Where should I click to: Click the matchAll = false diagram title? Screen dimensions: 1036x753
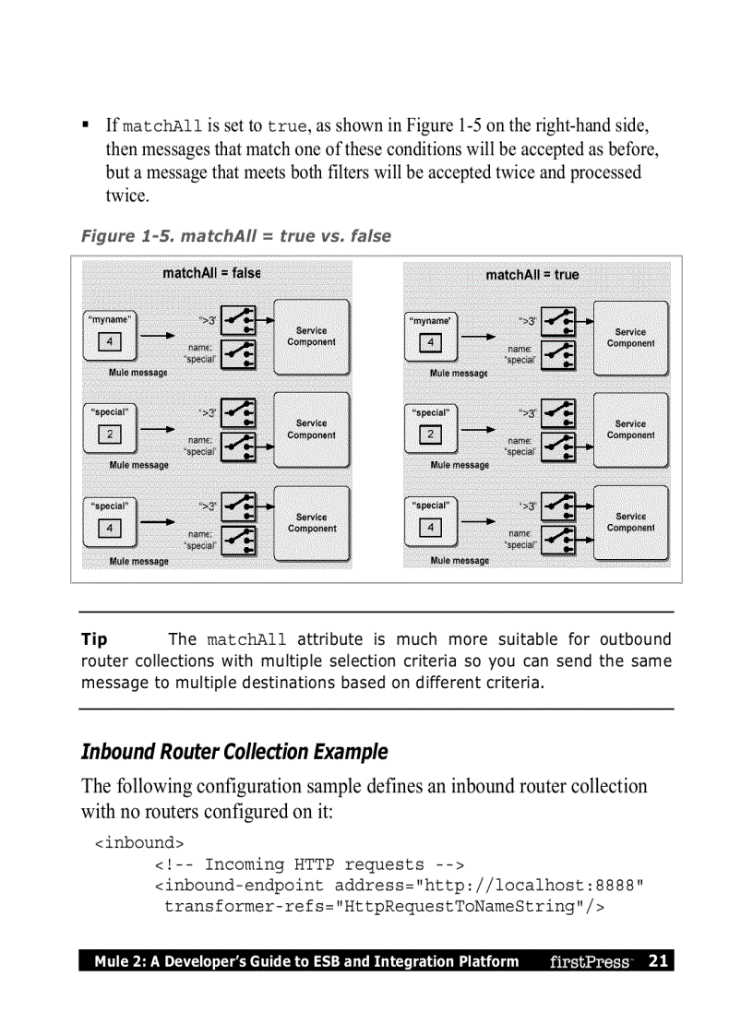(211, 273)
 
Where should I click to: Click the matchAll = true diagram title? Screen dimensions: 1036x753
(532, 275)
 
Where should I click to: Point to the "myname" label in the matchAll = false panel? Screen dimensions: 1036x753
(110, 318)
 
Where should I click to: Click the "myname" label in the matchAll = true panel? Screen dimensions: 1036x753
(430, 320)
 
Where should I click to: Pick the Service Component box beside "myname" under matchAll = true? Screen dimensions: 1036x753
(630, 338)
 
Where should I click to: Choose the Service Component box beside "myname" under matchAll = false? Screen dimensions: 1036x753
(311, 337)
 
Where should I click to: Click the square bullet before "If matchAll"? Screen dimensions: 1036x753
(85, 124)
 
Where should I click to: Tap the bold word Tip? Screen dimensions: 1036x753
(94, 639)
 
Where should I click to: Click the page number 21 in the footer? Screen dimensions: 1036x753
(658, 961)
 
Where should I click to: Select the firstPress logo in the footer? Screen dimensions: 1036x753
(591, 961)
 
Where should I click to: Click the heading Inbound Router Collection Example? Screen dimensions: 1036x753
(234, 752)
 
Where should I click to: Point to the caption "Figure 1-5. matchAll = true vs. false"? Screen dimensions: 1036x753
(236, 236)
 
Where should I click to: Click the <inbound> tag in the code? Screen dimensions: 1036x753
(139, 843)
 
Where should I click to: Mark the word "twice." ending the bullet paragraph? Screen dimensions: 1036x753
(126, 196)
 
